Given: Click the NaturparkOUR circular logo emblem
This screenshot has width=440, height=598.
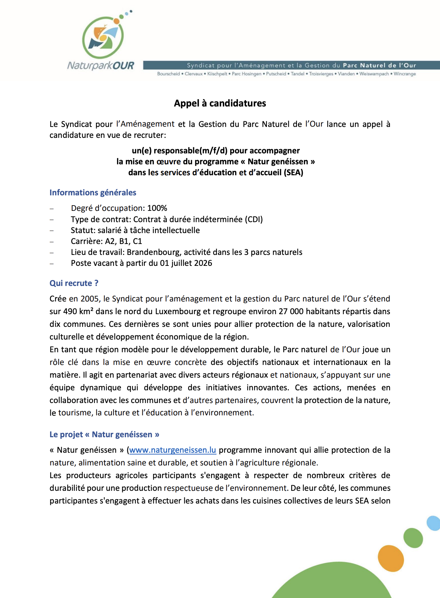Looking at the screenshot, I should click(x=103, y=37).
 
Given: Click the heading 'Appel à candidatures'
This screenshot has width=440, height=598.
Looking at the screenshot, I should click(x=220, y=103).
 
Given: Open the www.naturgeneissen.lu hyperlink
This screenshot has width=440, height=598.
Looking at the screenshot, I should click(x=173, y=450).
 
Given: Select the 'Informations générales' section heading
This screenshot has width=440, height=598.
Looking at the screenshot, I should click(x=93, y=193).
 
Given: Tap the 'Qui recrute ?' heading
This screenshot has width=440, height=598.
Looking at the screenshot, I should click(x=74, y=283).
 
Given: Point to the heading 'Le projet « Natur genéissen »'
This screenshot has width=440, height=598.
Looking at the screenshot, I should click(x=104, y=434).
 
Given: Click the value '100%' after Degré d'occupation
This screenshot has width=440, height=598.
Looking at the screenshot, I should click(x=157, y=208).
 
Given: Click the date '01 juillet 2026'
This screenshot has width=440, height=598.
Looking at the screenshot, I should click(x=186, y=263).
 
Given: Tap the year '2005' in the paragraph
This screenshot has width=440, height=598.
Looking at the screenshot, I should click(x=90, y=299).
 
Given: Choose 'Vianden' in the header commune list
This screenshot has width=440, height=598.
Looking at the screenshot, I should click(x=346, y=74).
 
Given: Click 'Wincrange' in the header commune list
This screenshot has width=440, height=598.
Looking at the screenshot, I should click(x=405, y=74).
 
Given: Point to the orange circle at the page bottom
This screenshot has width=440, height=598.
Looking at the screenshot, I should click(x=391, y=558).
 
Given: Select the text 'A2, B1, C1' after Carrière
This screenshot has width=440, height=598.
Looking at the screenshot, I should click(x=123, y=241).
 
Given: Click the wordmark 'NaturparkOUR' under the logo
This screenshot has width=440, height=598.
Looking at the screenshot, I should click(x=101, y=66).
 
